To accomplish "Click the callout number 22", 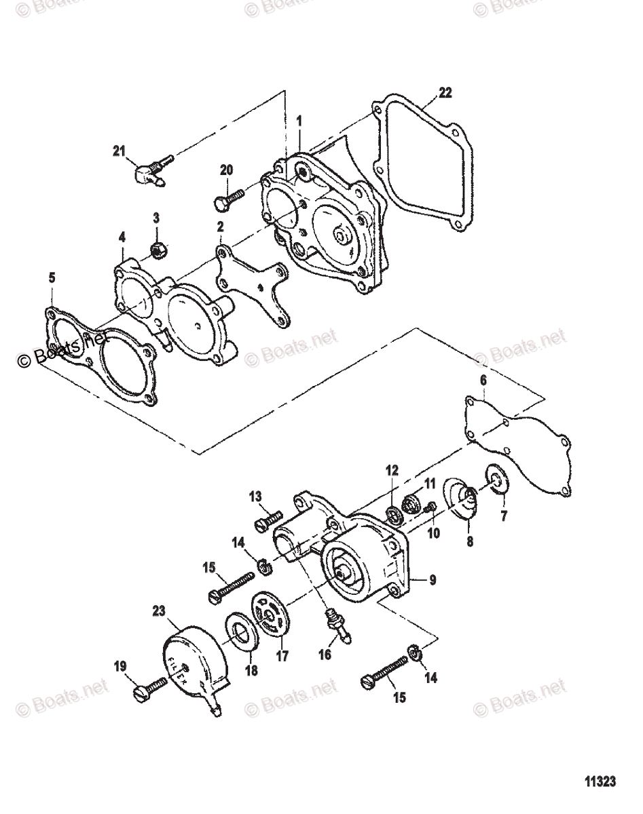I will coord(445,93).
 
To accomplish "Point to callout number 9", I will coord(433,580).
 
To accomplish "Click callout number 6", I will coord(483,381).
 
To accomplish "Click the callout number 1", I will coord(299,120).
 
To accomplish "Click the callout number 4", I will coord(122,238).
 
